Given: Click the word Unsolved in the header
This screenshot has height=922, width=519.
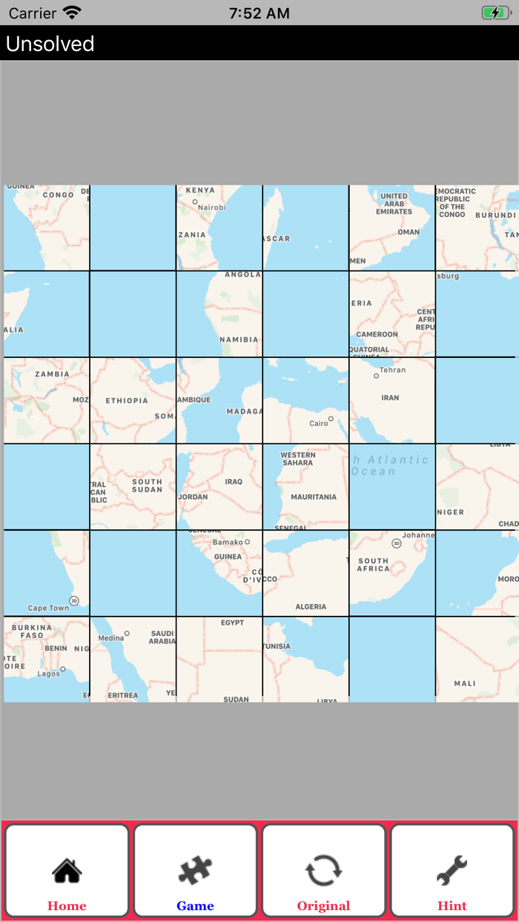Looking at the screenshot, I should (x=50, y=44).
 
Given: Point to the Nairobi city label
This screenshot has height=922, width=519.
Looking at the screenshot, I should (x=211, y=208).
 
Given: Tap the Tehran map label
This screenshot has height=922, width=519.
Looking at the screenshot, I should (x=392, y=370).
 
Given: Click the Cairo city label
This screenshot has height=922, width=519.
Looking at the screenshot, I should (x=319, y=423).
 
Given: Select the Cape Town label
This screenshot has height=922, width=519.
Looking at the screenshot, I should (x=48, y=608).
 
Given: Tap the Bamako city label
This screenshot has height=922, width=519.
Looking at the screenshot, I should (x=228, y=542).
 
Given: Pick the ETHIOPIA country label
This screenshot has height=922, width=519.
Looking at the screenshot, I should (x=127, y=400).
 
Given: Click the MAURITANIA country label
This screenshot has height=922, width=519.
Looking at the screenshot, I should (x=314, y=497).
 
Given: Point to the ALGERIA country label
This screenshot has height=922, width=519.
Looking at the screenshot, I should (x=311, y=606).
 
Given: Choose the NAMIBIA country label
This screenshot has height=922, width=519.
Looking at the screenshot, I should (x=239, y=339).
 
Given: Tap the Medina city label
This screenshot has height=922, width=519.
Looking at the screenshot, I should (x=111, y=637).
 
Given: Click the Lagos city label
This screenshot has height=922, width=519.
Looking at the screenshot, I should (x=48, y=674).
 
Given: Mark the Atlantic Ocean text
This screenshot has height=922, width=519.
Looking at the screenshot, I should (x=391, y=465).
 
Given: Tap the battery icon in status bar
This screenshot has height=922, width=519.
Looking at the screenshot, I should (x=495, y=13).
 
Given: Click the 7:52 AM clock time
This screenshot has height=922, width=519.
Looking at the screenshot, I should (x=259, y=13).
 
